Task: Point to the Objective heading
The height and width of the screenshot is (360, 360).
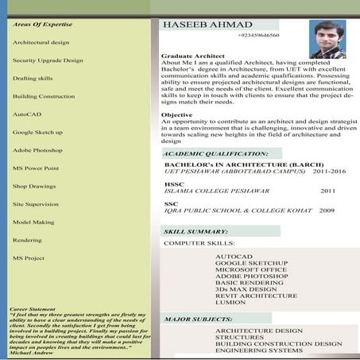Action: (176, 114)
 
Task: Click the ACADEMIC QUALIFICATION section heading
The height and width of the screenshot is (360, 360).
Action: (216, 153)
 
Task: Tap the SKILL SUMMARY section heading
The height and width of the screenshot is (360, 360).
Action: (195, 231)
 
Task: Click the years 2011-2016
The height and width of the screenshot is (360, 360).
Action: (329, 171)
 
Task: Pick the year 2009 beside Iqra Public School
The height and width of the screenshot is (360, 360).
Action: (327, 211)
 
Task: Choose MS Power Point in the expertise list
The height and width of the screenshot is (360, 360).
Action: (36, 168)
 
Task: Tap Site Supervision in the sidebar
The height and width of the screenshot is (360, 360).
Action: (37, 203)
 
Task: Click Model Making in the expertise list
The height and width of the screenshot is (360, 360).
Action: (33, 222)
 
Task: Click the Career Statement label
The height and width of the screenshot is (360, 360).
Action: (33, 308)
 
